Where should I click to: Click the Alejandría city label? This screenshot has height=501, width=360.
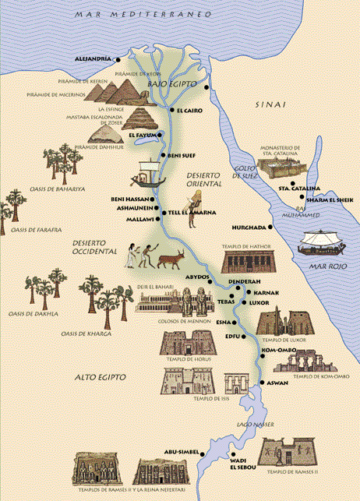[x=92, y=59]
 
